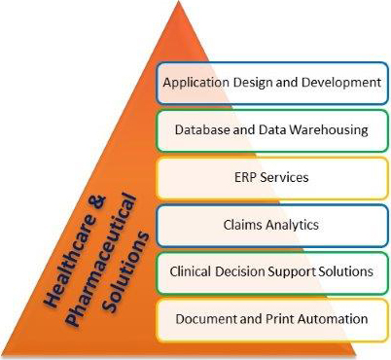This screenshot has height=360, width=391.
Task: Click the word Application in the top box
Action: point(194,83)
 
